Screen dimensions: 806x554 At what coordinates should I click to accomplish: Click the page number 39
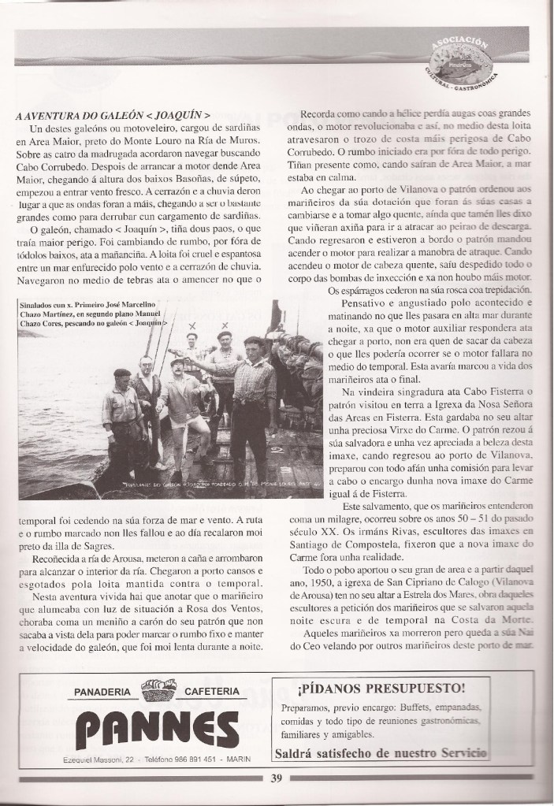pos(276,780)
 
